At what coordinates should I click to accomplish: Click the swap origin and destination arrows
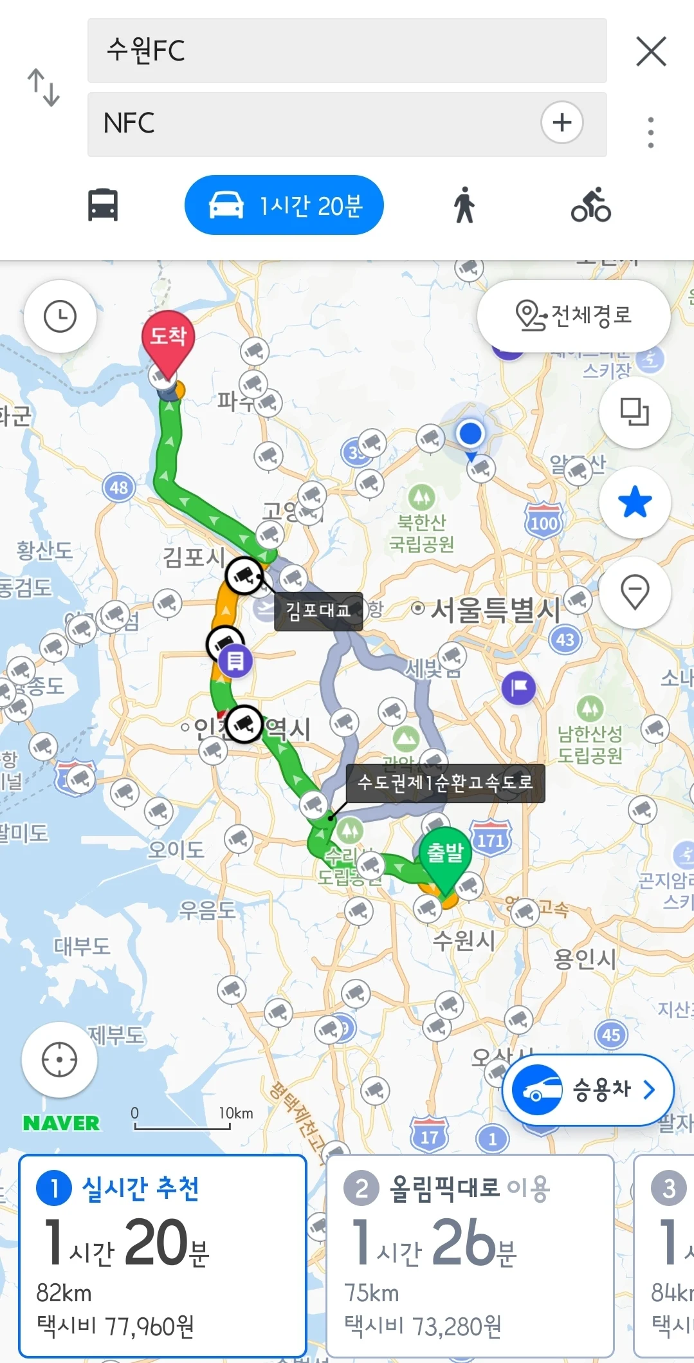[43, 88]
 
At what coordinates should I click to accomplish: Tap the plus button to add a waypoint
[562, 122]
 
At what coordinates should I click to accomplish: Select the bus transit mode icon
[103, 205]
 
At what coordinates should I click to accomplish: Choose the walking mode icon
[464, 205]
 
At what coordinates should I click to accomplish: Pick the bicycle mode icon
[590, 205]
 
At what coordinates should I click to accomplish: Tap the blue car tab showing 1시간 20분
[284, 205]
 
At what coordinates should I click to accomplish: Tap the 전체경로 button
[574, 315]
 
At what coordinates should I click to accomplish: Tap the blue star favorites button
[635, 502]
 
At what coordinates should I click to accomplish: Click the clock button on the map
[60, 317]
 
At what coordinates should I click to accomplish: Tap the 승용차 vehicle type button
[588, 1089]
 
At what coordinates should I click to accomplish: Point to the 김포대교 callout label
[318, 610]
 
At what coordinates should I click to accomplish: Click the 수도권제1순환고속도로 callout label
[445, 783]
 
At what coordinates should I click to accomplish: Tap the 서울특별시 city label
[495, 609]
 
